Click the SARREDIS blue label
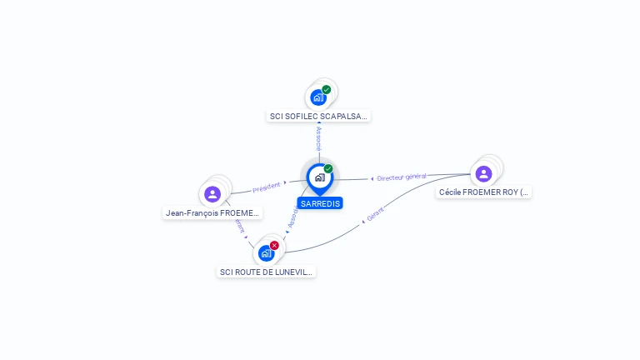[319, 203]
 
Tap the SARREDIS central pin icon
[319, 177]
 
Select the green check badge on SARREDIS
[328, 169]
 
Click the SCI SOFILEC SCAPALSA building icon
[317, 97]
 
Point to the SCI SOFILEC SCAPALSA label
[318, 117]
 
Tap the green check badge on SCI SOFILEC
[327, 89]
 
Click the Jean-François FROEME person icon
[212, 194]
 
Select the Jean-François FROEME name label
[213, 213]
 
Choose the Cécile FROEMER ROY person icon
[483, 173]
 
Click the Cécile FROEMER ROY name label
[483, 192]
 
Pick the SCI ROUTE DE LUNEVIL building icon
[266, 252]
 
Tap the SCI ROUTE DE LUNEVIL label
[267, 272]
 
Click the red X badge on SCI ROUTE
[274, 245]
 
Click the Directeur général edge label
[402, 177]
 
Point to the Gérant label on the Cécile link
[375, 214]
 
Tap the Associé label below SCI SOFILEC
[318, 139]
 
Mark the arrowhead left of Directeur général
[372, 178]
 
